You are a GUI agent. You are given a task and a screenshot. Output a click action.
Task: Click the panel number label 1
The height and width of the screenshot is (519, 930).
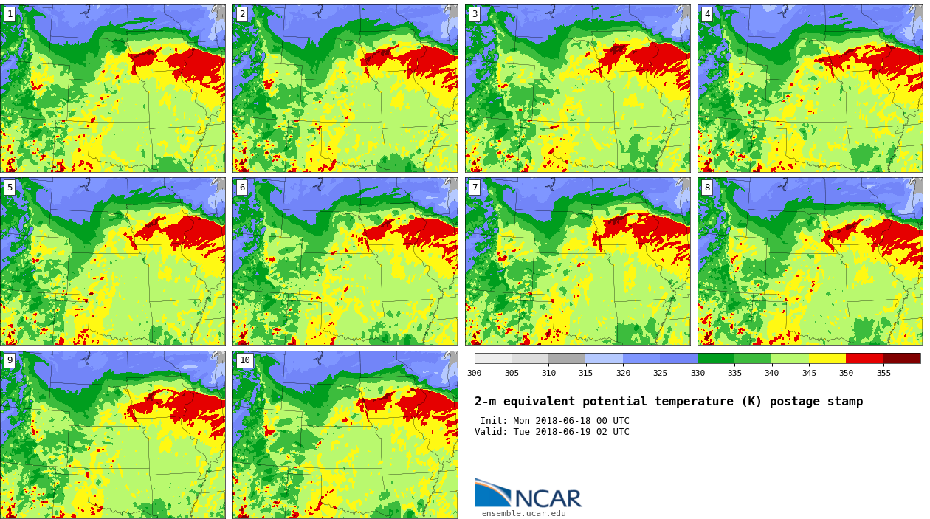(10, 14)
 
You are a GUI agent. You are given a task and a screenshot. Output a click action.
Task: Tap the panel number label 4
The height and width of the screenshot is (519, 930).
(707, 14)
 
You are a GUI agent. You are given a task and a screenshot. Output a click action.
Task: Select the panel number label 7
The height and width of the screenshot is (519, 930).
(475, 188)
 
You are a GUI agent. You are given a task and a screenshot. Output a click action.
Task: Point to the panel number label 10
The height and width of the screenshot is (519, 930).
(244, 360)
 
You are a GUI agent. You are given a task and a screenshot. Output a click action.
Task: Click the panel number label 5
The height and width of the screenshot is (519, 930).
(10, 188)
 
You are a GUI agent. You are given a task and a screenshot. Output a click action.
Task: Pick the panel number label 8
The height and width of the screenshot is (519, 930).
(707, 188)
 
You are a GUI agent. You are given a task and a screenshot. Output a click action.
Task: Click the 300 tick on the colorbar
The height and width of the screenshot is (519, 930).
(474, 373)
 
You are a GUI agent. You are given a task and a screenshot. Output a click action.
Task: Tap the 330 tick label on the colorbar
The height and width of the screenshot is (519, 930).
(697, 373)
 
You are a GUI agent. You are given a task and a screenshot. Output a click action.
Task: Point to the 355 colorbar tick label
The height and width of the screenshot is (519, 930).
(883, 373)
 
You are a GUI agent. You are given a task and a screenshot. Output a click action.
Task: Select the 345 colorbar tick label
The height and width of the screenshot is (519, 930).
(809, 373)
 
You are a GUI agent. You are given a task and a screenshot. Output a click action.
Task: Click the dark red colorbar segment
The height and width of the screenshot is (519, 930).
(902, 358)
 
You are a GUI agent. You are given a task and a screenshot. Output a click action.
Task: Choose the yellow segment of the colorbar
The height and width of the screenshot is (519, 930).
(827, 358)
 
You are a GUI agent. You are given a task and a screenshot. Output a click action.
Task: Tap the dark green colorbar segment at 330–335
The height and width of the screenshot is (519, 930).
(716, 358)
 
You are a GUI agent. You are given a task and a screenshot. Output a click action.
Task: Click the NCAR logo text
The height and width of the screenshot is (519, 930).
(548, 498)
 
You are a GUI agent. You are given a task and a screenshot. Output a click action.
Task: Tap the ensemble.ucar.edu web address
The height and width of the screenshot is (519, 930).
(523, 514)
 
